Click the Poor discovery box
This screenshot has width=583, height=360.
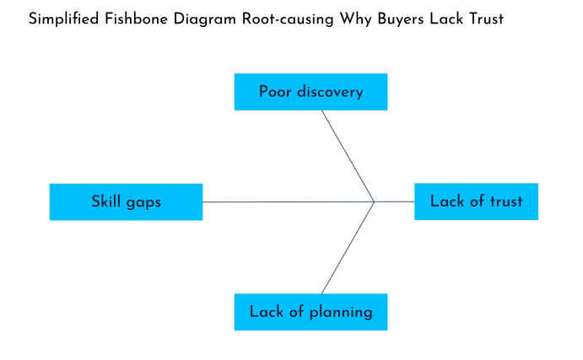click(x=310, y=92)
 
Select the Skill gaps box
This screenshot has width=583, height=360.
click(x=126, y=201)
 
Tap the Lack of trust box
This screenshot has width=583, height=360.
click(x=476, y=201)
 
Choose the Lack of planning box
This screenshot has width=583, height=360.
click(x=310, y=312)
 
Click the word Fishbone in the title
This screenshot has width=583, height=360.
click(x=134, y=19)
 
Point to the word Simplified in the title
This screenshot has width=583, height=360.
click(x=64, y=19)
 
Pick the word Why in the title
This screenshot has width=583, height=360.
click(x=343, y=19)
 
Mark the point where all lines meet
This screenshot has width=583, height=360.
click(x=375, y=201)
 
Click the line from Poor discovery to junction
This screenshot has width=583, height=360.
click(x=348, y=155)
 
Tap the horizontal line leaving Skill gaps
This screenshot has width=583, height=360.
click(x=287, y=201)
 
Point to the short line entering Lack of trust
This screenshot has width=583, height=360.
click(x=395, y=201)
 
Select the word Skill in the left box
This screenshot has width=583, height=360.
click(x=105, y=201)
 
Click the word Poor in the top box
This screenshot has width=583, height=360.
click(x=275, y=92)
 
